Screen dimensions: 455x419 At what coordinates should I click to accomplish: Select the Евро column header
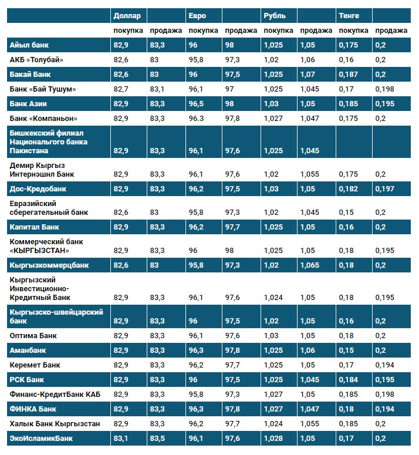pos(197,15)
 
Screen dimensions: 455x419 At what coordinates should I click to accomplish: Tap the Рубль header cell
pos(275,15)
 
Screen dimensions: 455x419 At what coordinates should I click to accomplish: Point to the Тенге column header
pos(349,15)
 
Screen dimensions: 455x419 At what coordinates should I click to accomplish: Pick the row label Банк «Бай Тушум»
pos(43,89)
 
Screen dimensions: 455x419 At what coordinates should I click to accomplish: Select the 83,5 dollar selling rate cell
pos(157,438)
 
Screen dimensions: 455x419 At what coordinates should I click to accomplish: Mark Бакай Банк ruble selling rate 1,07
pos(308,75)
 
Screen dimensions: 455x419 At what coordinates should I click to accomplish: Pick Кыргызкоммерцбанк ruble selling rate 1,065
pos(309,265)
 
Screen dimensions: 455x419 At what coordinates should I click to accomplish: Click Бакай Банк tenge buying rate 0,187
pos(349,75)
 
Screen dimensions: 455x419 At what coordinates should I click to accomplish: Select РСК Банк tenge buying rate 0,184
pos(349,380)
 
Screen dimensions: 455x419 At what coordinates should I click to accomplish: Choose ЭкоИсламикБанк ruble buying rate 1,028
pos(273,438)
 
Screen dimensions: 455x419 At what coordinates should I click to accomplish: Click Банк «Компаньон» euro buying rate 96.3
pos(197,118)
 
